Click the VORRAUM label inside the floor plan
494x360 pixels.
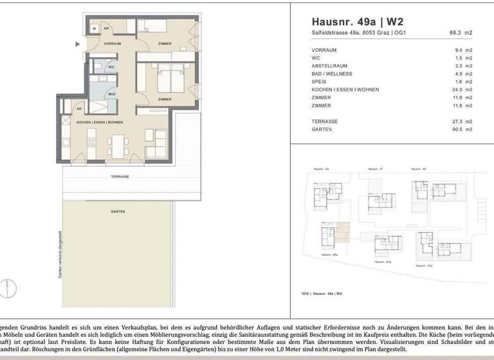coord(95,43)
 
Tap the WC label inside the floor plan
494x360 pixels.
coord(111,66)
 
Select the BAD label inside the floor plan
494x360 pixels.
coord(111,94)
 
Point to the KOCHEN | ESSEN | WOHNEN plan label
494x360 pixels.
coord(100,122)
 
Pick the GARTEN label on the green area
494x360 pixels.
coord(118,211)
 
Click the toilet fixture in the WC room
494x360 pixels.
coord(98,66)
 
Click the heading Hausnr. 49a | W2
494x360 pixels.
coord(353,21)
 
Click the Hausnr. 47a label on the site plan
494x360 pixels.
coord(383,262)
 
